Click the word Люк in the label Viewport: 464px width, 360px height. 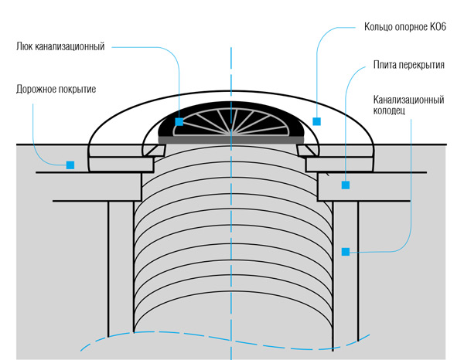pos(26,46)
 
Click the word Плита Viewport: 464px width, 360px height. pos(387,66)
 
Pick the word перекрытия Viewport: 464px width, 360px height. pos(424,66)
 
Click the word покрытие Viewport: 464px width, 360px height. pos(77,89)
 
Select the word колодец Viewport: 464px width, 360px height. pos(393,111)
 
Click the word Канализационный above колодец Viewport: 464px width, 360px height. pos(408,100)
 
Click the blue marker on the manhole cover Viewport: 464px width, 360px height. pos(179,122)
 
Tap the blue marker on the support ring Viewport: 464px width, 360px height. pos(316,121)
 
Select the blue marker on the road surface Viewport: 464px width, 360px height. pos(70,165)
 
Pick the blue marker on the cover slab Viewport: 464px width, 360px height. pos(346,185)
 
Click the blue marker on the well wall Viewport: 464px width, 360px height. pos(346,251)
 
